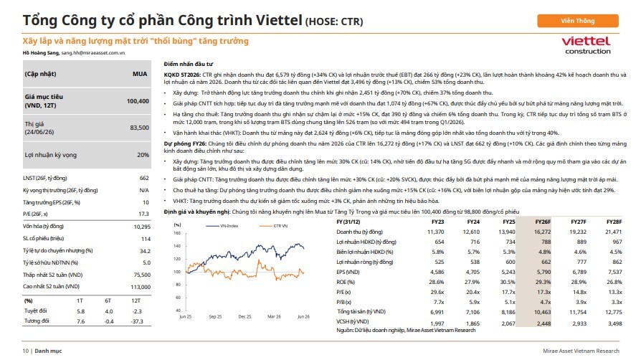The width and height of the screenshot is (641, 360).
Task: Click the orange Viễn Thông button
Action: [578, 21]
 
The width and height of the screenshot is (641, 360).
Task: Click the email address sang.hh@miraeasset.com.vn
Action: [93, 53]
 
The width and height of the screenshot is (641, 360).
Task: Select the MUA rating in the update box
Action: [140, 74]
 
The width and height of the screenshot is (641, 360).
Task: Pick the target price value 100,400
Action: [138, 101]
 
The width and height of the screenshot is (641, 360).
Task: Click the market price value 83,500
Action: [139, 128]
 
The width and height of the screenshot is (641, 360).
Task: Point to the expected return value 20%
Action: [143, 155]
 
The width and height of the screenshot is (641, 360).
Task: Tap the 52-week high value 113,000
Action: [141, 287]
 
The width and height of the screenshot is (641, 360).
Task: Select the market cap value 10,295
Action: [142, 227]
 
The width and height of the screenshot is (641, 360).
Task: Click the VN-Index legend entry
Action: [222, 226]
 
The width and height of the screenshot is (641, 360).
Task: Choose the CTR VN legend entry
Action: [273, 226]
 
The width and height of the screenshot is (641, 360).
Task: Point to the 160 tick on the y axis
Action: [177, 233]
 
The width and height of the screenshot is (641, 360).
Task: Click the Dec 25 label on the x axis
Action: [245, 317]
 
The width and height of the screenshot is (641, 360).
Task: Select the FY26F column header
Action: [543, 222]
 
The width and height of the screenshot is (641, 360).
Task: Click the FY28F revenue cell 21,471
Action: [614, 232]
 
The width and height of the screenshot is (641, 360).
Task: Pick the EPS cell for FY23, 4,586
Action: [437, 272]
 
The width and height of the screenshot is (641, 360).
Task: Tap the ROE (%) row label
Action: [346, 282]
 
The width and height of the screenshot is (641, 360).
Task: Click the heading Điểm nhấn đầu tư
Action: [189, 64]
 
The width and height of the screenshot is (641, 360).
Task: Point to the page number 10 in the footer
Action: [25, 351]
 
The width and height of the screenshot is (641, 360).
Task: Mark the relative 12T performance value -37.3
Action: [137, 321]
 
